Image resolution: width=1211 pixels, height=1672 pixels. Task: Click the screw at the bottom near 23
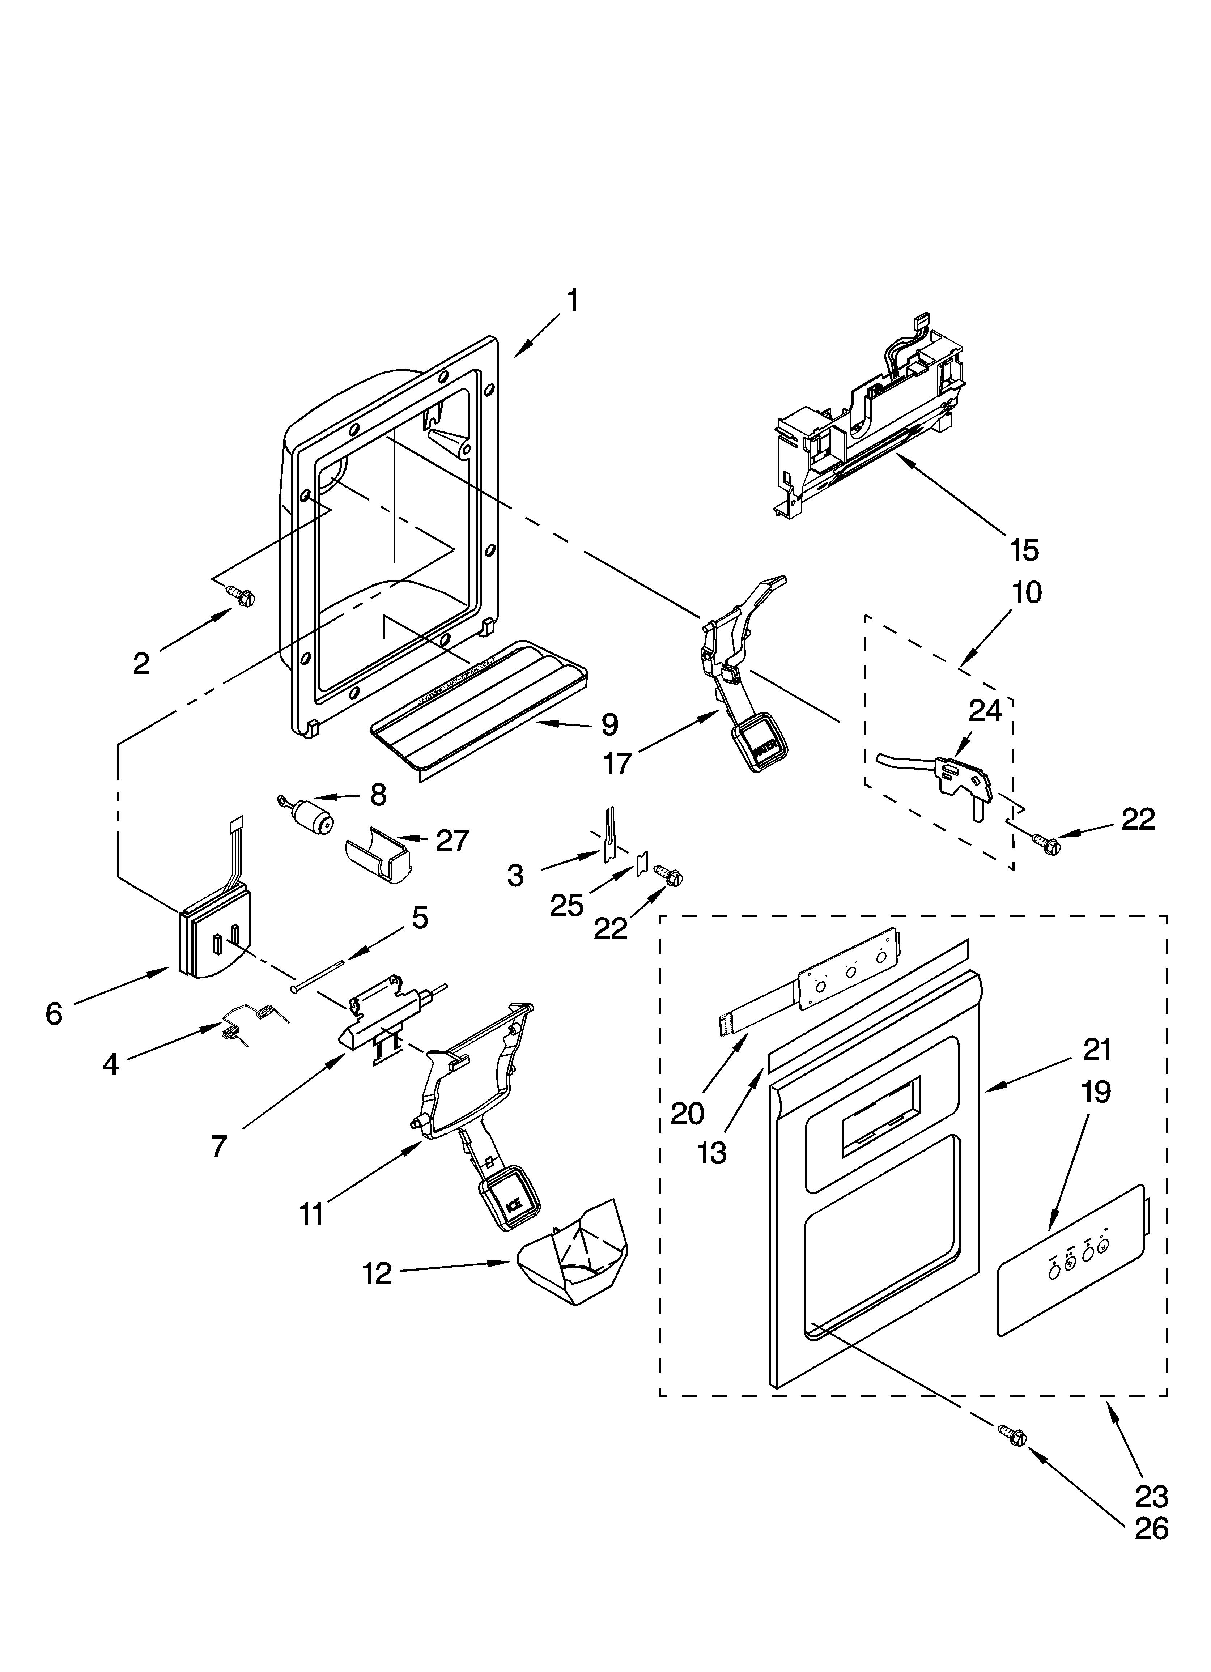1014,1433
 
